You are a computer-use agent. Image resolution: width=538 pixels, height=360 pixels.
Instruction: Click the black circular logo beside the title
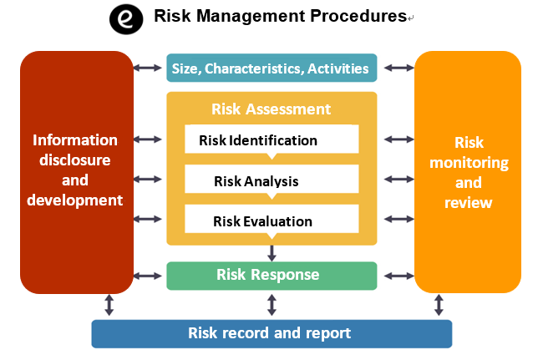click(126, 19)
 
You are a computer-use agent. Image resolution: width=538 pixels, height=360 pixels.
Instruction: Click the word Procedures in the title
click(358, 16)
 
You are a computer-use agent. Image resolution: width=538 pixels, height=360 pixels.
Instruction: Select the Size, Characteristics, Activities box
click(272, 68)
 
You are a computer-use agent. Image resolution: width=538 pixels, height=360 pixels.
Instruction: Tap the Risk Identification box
click(272, 139)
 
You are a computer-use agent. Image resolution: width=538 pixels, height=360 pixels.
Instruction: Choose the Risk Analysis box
click(272, 179)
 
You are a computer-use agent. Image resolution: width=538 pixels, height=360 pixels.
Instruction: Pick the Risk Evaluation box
click(272, 219)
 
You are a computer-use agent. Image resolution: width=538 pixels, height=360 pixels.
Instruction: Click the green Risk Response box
click(272, 276)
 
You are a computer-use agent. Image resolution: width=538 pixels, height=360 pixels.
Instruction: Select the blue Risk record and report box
click(272, 333)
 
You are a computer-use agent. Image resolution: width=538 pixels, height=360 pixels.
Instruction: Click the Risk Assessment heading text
click(271, 109)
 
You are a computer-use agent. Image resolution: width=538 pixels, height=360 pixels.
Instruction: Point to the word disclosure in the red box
click(75, 160)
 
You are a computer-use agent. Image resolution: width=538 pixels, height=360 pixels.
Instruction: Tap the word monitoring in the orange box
click(469, 163)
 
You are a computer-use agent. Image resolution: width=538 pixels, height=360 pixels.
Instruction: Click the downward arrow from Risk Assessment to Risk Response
click(272, 253)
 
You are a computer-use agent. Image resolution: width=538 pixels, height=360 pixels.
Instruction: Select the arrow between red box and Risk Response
click(148, 276)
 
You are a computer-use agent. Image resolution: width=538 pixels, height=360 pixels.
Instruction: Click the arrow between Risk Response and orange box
click(399, 276)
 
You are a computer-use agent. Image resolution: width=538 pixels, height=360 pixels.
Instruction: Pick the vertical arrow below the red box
click(109, 305)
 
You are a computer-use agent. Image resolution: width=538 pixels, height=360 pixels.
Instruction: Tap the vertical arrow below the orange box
click(439, 305)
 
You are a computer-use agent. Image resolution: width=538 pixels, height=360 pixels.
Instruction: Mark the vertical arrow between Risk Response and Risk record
click(272, 305)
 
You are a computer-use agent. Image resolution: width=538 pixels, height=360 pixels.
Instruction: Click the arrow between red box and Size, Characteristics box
click(148, 68)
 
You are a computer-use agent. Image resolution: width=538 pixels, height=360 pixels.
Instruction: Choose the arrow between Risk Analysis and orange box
click(399, 179)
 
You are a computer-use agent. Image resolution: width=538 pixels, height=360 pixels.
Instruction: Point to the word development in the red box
click(75, 200)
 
